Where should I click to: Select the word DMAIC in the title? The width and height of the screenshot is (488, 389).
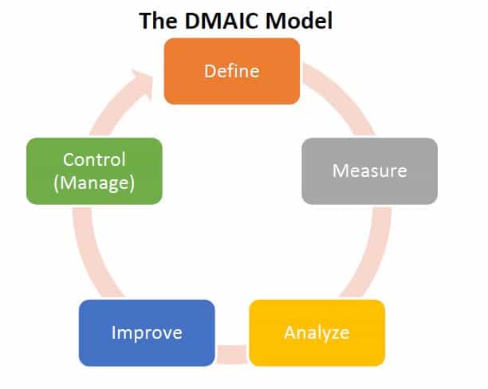[x=219, y=20]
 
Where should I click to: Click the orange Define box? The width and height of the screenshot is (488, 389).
[x=232, y=71]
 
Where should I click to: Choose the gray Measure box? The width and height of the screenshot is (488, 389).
[x=369, y=171]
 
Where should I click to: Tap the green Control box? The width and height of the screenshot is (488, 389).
[x=94, y=171]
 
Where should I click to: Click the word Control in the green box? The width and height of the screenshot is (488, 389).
[x=94, y=159]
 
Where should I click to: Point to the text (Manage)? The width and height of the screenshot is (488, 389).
[x=94, y=183]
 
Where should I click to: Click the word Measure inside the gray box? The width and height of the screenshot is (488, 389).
[x=369, y=171]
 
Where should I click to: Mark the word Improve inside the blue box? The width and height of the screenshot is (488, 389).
[x=147, y=332]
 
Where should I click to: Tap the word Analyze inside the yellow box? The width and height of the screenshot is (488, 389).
[x=317, y=332]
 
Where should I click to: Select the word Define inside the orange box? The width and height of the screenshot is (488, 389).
[x=232, y=71]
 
